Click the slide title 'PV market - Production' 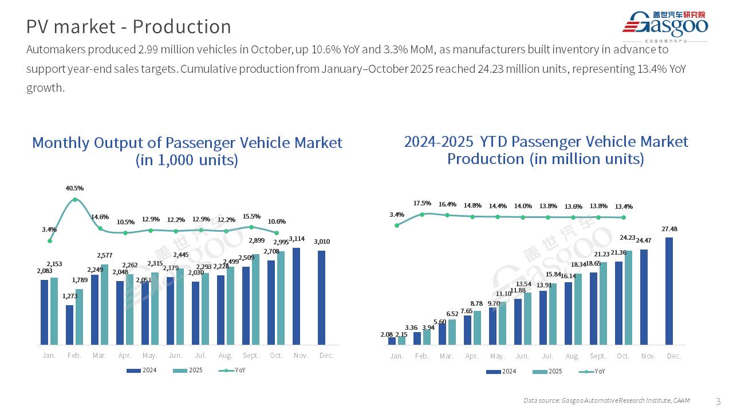pos(129,27)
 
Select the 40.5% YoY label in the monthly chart pos(75,188)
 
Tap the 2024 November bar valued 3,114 pos(297,296)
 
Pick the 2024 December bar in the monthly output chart pos(322,297)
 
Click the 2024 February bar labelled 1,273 pos(70,325)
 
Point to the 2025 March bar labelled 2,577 pos(105,305)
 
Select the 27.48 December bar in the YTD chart pos(669,291)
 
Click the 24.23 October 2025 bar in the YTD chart pos(628,297)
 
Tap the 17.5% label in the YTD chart pos(422,204)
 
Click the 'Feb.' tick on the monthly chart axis pos(74,356)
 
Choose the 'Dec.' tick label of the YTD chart pos(674,356)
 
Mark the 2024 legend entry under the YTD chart pos(501,371)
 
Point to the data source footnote pos(606,400)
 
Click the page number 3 pos(719,400)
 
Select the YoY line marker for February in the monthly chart pos(75,200)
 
